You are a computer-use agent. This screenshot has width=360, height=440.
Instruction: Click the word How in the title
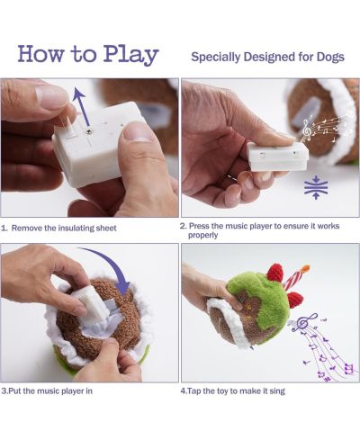[40, 53]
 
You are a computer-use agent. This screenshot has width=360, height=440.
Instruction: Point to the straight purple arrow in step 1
[81, 106]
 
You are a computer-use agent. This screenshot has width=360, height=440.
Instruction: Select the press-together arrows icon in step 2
[316, 187]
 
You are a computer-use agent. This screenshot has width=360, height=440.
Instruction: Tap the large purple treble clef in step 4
[303, 322]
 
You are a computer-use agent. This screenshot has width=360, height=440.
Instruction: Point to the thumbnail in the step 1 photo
[136, 131]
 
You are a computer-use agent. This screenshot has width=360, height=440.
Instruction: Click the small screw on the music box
[89, 131]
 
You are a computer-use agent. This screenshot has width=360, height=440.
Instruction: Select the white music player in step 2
[278, 157]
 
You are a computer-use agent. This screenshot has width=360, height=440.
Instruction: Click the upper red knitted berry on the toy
[275, 273]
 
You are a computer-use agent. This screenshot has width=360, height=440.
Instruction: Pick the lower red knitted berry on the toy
[295, 301]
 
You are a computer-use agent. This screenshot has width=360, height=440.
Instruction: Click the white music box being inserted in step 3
[90, 302]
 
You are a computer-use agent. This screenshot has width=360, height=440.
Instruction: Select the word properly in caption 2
[202, 236]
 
